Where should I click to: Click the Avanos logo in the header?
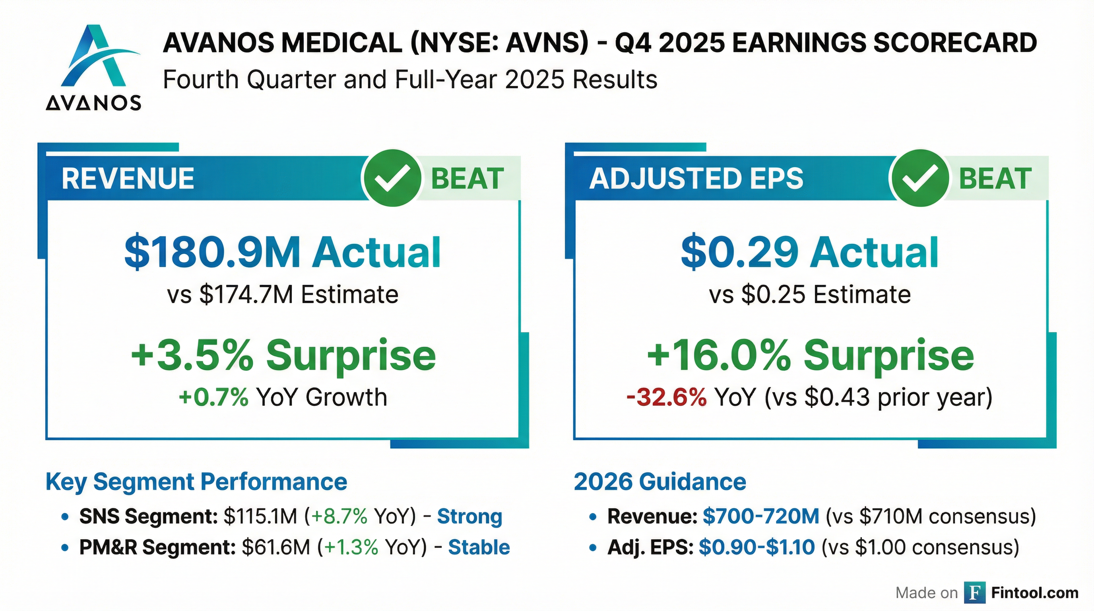[93, 67]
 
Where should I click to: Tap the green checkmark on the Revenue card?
[392, 178]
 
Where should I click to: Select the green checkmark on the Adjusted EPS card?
[919, 178]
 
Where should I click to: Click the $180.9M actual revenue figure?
[212, 253]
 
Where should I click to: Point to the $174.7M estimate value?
[246, 294]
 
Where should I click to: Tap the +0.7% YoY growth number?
[213, 397]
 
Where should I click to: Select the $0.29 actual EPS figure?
[739, 253]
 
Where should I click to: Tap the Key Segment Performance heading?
[196, 482]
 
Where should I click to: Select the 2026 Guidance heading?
[660, 482]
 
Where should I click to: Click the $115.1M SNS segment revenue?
[260, 517]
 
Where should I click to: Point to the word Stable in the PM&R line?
[479, 547]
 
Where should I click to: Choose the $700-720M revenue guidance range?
[760, 517]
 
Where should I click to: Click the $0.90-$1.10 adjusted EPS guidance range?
[757, 547]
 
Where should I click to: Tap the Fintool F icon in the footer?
[974, 593]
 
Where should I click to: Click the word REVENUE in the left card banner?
[128, 179]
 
